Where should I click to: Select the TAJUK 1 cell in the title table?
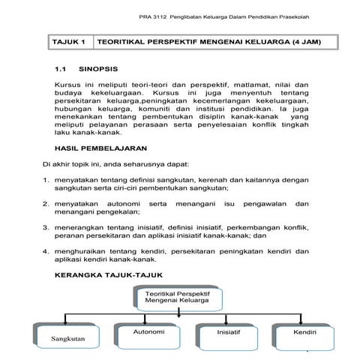[x=68, y=42]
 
